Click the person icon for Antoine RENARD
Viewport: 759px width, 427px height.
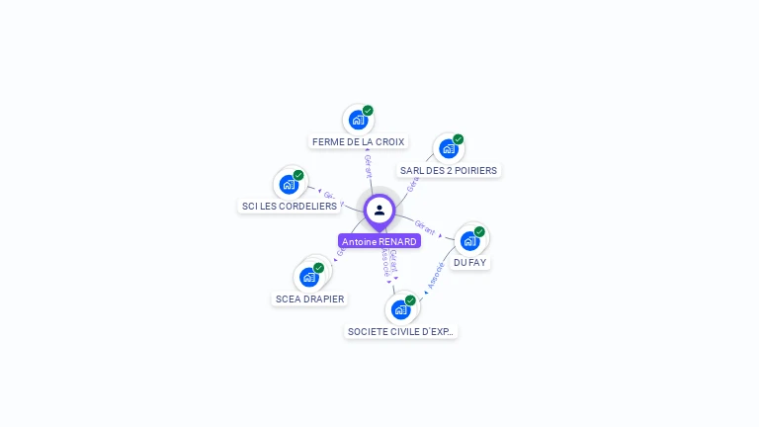[x=379, y=210]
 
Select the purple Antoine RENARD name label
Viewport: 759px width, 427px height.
[x=379, y=241]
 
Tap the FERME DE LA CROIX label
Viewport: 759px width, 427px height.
[x=359, y=141]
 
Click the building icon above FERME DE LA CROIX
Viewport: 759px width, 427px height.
[x=358, y=120]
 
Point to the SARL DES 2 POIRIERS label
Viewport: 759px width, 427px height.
[x=449, y=170]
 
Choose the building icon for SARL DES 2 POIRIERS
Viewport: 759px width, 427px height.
[x=449, y=148]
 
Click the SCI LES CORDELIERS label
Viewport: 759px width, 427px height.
[x=290, y=206]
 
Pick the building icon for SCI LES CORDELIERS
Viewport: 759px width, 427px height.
[x=289, y=184]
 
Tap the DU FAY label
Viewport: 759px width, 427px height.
[x=470, y=262]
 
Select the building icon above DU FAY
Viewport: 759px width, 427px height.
[x=470, y=240]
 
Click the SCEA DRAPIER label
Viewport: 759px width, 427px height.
[x=310, y=299]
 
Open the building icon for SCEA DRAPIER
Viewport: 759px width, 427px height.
[x=309, y=277]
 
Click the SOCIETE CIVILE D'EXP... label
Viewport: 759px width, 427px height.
[x=401, y=331]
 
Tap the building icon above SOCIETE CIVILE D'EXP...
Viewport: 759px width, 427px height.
[x=400, y=309]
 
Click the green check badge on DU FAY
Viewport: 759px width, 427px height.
[x=479, y=232]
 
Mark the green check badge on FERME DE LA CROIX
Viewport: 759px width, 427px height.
[x=368, y=111]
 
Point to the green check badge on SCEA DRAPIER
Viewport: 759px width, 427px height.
[x=318, y=268]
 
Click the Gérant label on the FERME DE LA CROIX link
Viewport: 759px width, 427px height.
[x=368, y=165]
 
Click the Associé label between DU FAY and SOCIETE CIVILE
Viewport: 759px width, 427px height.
[x=436, y=276]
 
